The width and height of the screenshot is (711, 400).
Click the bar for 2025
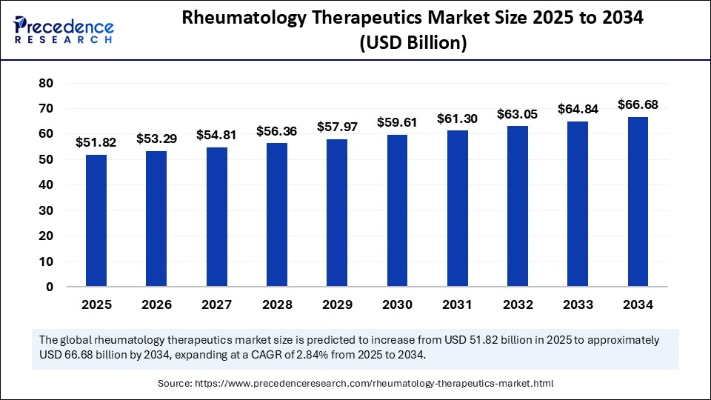point(96,220)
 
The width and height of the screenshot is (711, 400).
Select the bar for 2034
point(638,201)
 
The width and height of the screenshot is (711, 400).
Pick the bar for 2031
point(457,208)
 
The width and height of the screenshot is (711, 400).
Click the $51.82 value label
point(96,142)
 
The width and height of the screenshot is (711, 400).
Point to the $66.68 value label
point(638,104)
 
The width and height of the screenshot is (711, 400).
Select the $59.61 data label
point(397,122)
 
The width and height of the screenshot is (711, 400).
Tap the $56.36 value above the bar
point(276,131)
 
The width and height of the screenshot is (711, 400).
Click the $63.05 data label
point(517,113)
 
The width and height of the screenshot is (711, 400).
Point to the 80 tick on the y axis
point(45,83)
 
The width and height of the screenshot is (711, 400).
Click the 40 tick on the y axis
point(45,185)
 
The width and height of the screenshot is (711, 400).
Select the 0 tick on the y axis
point(49,287)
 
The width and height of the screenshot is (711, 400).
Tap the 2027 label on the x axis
point(216,304)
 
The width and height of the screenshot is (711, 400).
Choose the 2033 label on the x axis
point(578,304)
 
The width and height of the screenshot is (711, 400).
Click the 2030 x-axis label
point(397,304)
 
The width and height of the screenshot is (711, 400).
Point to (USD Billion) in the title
point(413,44)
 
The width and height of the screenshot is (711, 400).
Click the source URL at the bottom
point(378,384)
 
